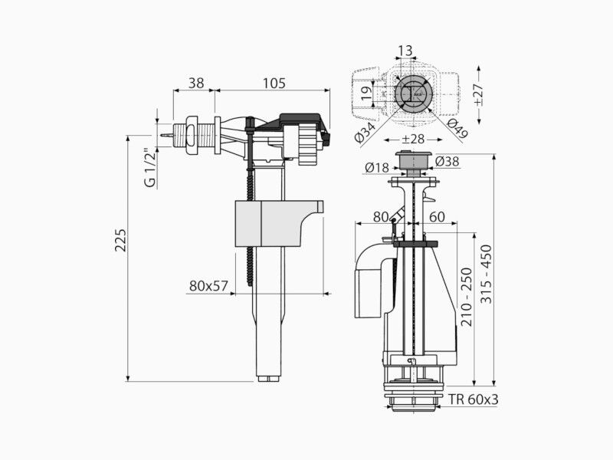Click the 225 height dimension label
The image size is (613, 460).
click(x=121, y=240)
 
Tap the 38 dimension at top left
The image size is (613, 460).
click(x=196, y=83)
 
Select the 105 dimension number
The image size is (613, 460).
click(x=274, y=83)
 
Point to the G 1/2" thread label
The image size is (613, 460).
click(x=150, y=167)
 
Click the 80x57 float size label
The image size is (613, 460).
click(x=208, y=286)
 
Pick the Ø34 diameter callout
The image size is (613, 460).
click(x=366, y=131)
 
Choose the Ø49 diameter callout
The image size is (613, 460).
click(x=457, y=128)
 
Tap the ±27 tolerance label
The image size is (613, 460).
click(x=478, y=94)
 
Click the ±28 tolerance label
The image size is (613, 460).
click(x=413, y=140)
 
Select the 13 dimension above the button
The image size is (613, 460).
click(x=405, y=51)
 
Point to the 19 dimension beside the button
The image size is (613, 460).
click(x=366, y=93)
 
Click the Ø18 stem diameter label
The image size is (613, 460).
click(x=377, y=168)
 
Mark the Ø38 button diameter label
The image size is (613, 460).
click(x=447, y=161)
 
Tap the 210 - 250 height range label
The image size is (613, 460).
click(x=467, y=297)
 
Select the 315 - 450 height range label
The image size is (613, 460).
click(x=487, y=274)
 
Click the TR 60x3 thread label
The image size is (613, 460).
click(x=473, y=399)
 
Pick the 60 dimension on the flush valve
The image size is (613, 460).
click(x=437, y=216)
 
